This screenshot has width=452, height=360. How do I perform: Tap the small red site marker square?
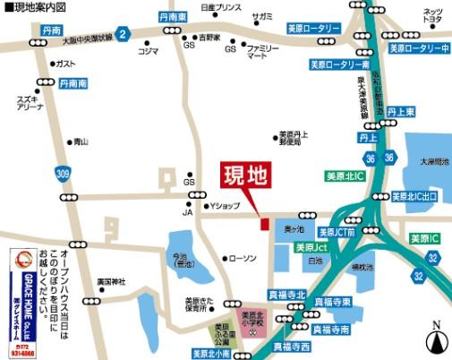pos(263,224)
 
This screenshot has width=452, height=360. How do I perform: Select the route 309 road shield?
pos(62,173)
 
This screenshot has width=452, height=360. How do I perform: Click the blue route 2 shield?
pos(124,34)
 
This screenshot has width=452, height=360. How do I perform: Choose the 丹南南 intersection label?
pos(75,82)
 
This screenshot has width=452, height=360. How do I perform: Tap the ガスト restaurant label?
pos(64,64)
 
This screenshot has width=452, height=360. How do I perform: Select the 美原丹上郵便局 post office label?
pos(292,139)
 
